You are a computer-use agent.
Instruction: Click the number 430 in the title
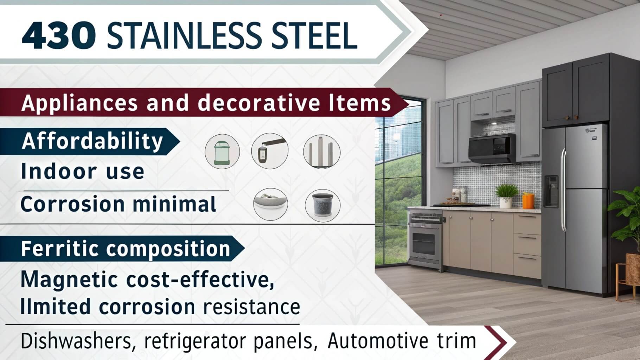[x=59, y=36]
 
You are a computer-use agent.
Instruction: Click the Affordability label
[x=92, y=141]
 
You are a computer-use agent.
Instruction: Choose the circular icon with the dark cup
[x=322, y=206]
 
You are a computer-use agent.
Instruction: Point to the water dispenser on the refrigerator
[x=551, y=191]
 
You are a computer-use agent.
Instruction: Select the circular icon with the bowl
[x=271, y=204]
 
